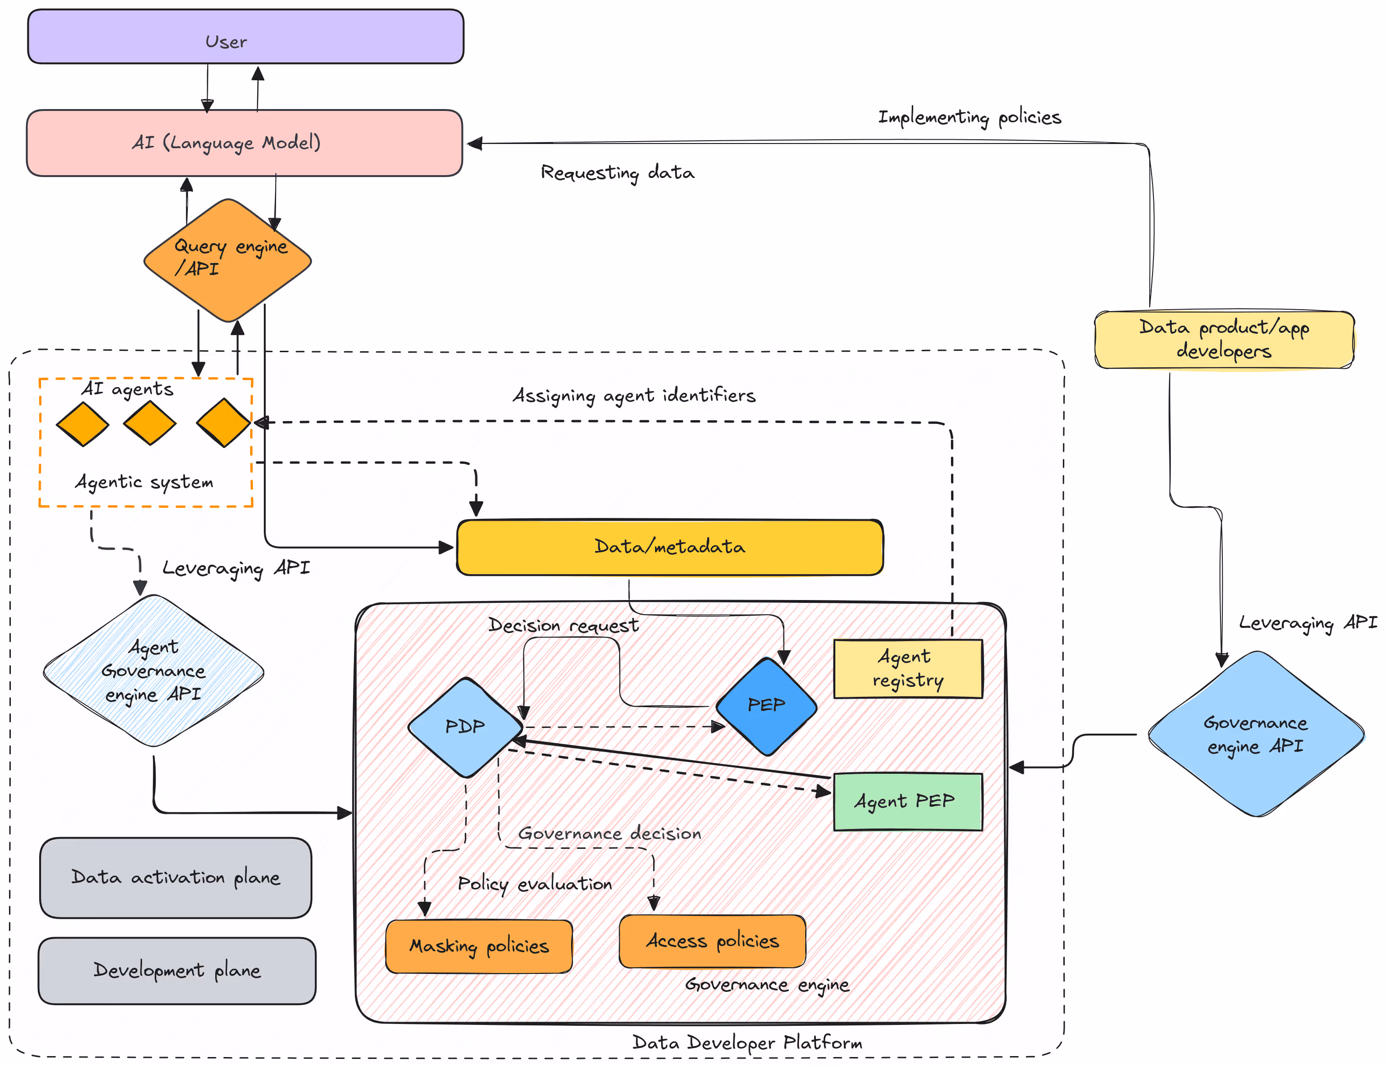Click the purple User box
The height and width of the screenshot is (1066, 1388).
(x=245, y=37)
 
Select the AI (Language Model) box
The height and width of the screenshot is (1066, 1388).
(x=244, y=143)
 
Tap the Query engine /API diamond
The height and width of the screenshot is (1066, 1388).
(x=228, y=260)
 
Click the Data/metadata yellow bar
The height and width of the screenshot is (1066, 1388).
(x=669, y=547)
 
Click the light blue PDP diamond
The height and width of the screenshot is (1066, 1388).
(x=465, y=727)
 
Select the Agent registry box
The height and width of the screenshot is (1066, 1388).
(x=908, y=669)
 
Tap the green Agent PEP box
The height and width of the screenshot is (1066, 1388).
(x=907, y=802)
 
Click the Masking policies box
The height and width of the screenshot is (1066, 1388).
(x=479, y=946)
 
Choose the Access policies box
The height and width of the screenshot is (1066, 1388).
(x=712, y=941)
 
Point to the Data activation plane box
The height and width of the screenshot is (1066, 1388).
(x=176, y=878)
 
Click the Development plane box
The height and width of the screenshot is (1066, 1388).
(x=177, y=971)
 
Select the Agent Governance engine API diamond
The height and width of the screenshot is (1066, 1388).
(x=153, y=671)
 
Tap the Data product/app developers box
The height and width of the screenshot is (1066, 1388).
(x=1224, y=339)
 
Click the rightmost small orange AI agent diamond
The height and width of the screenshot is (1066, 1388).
(x=223, y=423)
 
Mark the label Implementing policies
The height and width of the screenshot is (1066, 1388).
(x=969, y=118)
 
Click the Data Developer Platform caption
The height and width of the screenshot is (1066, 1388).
(x=747, y=1042)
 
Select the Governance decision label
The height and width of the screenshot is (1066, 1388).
(x=610, y=834)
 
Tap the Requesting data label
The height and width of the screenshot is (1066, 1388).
(x=617, y=173)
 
